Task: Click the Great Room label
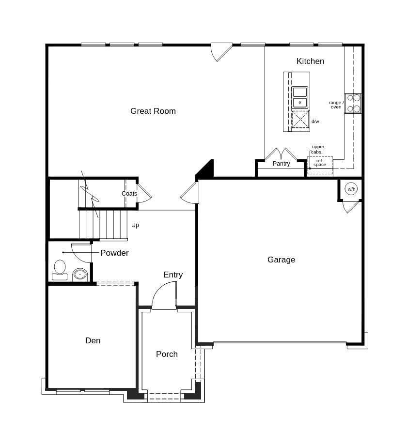tap(153, 111)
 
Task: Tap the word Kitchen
tap(310, 61)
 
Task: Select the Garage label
tap(281, 260)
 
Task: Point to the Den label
tap(93, 340)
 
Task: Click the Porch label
tap(167, 354)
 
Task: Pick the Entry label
tap(173, 275)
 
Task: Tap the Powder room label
tap(114, 253)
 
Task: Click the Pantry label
tap(281, 164)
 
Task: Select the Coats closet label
tap(129, 194)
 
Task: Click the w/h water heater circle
tap(351, 189)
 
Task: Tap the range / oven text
tap(336, 105)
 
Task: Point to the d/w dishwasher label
tap(315, 122)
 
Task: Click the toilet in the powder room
tap(60, 269)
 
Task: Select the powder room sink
tap(80, 275)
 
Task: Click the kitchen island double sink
tap(299, 97)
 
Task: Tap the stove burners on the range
tap(353, 103)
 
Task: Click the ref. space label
tap(320, 163)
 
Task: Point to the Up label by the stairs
tap(135, 225)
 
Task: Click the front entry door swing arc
tap(163, 295)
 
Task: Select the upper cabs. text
tap(318, 149)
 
